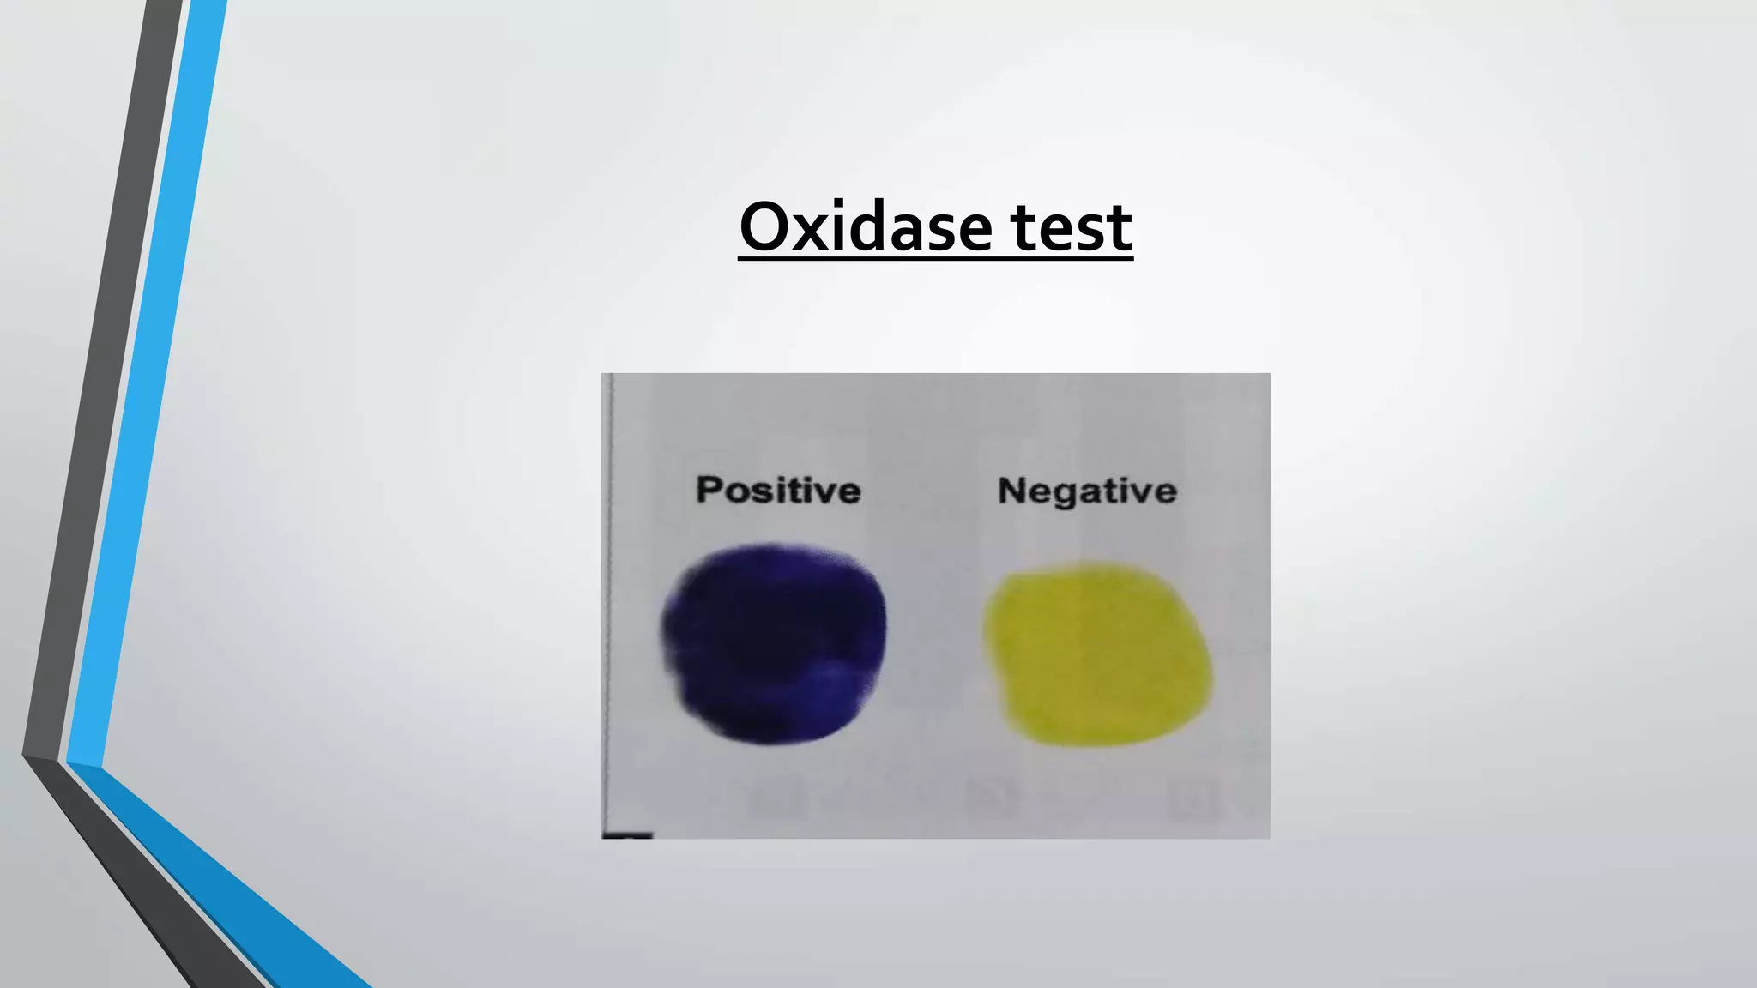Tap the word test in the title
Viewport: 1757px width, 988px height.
point(1072,228)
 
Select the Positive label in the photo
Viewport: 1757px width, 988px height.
point(778,491)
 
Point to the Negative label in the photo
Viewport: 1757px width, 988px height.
point(1087,491)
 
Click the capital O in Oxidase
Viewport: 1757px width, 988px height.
point(765,227)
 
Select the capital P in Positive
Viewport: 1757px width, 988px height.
point(709,490)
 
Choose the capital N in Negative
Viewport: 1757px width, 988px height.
point(1012,491)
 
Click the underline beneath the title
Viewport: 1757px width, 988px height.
point(935,256)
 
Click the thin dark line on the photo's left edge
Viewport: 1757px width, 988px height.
point(608,600)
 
